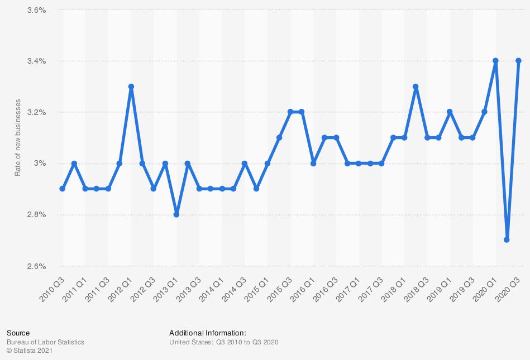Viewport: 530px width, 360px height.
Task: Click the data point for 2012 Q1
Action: click(131, 87)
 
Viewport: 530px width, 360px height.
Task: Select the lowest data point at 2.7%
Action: click(507, 240)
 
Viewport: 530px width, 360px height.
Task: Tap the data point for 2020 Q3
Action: click(518, 61)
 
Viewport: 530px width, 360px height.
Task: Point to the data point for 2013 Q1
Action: click(176, 214)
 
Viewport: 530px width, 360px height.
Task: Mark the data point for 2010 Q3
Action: click(63, 189)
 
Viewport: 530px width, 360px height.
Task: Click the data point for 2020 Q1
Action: click(495, 61)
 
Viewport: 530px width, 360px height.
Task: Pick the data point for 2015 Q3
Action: click(290, 112)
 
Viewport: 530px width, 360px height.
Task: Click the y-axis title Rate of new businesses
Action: click(17, 138)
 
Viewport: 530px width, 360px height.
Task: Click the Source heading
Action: click(18, 333)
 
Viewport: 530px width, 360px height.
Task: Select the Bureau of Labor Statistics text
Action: click(45, 342)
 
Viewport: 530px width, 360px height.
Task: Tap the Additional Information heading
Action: click(207, 333)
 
